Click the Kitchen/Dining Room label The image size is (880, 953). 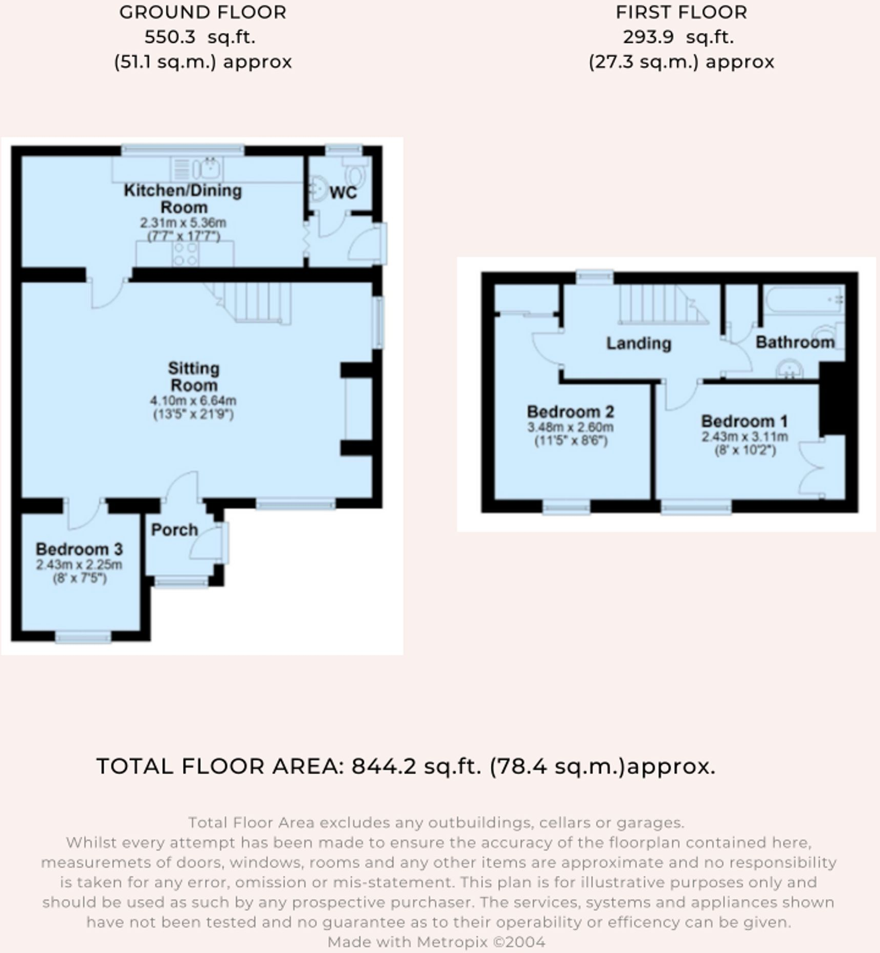click(x=183, y=198)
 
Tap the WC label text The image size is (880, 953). click(x=343, y=193)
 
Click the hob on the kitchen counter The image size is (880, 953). click(x=186, y=254)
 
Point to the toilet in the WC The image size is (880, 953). click(x=355, y=173)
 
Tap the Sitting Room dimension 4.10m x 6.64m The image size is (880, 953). click(x=193, y=401)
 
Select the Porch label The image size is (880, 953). click(x=174, y=530)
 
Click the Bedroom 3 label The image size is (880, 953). click(x=79, y=549)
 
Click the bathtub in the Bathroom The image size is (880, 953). click(x=803, y=299)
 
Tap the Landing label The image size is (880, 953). click(x=638, y=343)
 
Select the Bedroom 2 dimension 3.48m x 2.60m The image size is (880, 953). click(x=570, y=427)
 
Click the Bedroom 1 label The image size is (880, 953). click(x=744, y=421)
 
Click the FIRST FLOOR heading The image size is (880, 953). click(x=681, y=12)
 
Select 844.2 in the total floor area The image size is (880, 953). click(x=383, y=766)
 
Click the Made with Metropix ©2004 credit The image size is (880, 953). click(x=436, y=941)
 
